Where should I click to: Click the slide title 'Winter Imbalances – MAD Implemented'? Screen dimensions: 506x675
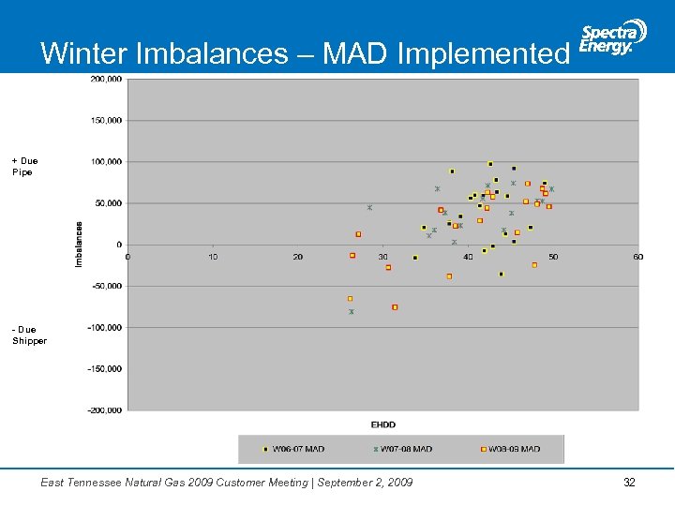point(305,53)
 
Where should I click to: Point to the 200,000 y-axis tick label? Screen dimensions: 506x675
point(106,80)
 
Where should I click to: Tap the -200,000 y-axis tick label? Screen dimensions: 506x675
point(104,410)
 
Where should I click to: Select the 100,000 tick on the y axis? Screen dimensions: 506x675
point(106,162)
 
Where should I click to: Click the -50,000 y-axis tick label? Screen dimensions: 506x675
point(106,286)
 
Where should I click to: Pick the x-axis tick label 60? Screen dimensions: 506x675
point(638,257)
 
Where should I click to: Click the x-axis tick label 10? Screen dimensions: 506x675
point(213,257)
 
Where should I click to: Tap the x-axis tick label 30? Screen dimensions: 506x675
point(382,257)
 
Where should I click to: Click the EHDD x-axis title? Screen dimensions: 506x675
point(382,424)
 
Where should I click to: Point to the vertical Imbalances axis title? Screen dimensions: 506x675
point(80,244)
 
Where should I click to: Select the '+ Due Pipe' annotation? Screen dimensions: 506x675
point(25,167)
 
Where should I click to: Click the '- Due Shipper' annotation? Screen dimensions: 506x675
point(29,335)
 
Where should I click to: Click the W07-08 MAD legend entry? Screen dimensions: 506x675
point(403,449)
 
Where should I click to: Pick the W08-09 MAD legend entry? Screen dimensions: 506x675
point(510,449)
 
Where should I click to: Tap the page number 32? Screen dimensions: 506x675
point(629,483)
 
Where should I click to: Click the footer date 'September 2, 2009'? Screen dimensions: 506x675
point(367,483)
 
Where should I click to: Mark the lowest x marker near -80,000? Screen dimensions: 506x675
point(352,312)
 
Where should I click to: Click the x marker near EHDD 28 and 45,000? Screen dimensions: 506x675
point(369,208)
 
